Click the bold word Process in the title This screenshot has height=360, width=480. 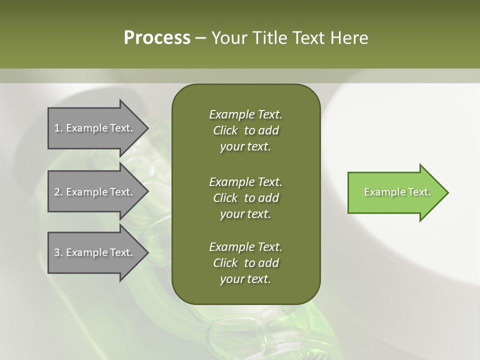(157, 38)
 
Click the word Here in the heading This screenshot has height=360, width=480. (349, 38)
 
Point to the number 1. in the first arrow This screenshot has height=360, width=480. (58, 128)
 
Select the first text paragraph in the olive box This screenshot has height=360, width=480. (245, 130)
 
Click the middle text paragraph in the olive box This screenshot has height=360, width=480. (245, 197)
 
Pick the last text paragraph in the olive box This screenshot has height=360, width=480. (245, 263)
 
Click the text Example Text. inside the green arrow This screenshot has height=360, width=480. (397, 192)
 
